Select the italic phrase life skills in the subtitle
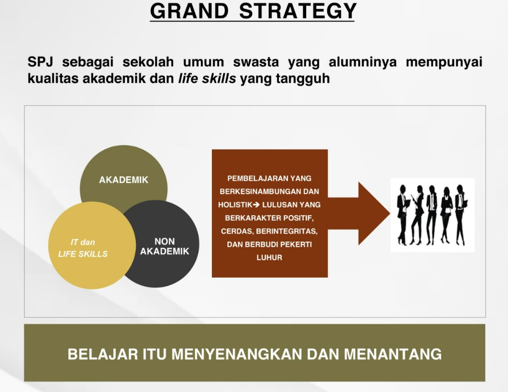(207, 78)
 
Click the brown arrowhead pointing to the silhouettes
(373, 213)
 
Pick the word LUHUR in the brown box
(269, 258)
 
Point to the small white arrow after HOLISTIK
(256, 205)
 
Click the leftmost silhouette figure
(402, 214)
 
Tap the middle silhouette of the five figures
(432, 214)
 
